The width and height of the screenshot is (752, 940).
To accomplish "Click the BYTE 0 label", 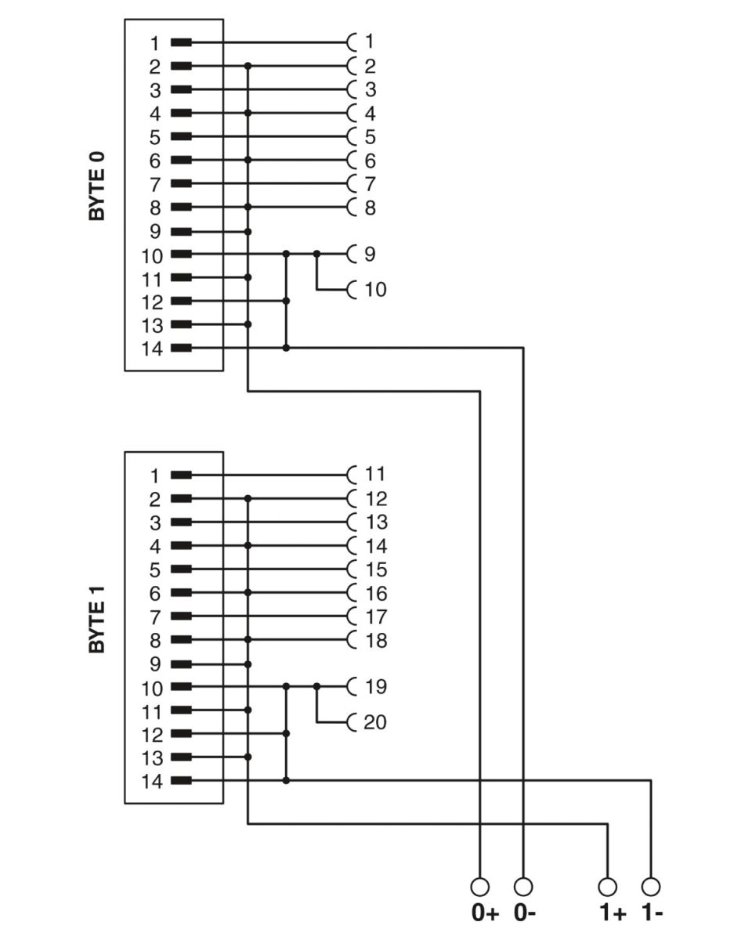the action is click(96, 186).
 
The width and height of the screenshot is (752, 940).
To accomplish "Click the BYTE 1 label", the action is click(96, 620).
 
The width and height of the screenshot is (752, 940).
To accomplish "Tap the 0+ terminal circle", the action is click(479, 888).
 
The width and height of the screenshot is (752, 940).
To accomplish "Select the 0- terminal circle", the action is click(523, 888).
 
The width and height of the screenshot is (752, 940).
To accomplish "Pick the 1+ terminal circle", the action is click(607, 888).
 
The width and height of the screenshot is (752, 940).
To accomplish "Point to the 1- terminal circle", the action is click(651, 888).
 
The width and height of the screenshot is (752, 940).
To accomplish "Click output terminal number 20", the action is click(375, 722).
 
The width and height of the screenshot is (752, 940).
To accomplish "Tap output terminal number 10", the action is click(375, 290).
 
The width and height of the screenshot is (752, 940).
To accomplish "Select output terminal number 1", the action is click(370, 42).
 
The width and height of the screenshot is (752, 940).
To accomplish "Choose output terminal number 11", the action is click(375, 475).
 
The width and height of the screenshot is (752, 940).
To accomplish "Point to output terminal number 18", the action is click(376, 640).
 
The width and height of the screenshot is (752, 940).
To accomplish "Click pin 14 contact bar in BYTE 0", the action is click(181, 348).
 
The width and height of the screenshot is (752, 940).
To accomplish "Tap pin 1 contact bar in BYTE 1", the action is click(181, 475).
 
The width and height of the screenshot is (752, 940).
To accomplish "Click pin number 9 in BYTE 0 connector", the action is click(155, 232).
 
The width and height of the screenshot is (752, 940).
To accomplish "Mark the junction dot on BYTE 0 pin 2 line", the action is click(248, 66).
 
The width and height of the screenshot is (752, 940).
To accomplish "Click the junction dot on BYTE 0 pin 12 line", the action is click(286, 301).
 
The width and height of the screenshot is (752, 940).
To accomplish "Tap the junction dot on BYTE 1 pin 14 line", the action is click(286, 780).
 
